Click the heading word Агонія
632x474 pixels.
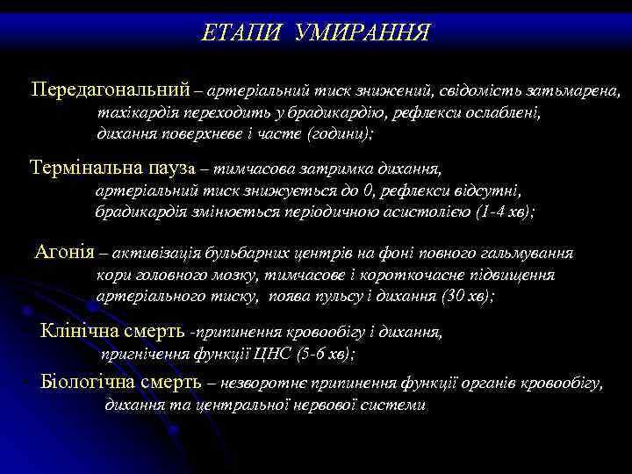64,254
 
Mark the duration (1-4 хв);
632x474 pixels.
504,212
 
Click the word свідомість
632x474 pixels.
494,91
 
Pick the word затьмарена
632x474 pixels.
579,91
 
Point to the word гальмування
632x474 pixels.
529,255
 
